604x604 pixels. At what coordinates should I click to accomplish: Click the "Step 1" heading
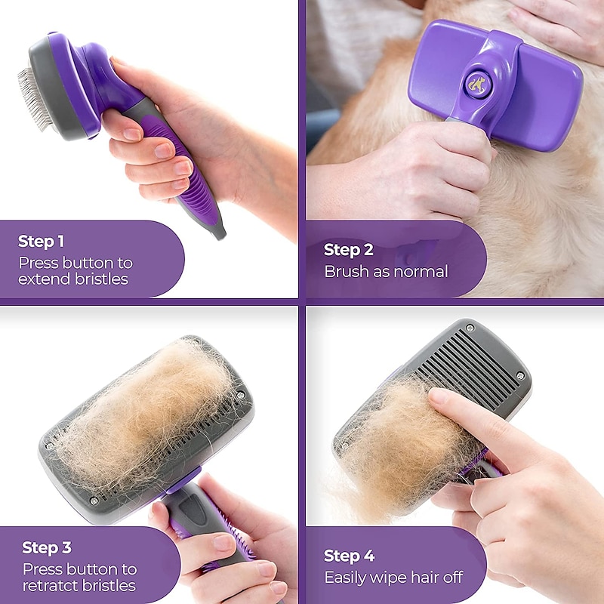pyautogui.click(x=42, y=242)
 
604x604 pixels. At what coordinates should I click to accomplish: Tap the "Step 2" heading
pyautogui.click(x=348, y=249)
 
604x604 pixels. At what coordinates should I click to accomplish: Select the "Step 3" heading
pyautogui.click(x=47, y=547)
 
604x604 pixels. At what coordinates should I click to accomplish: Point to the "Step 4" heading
pyautogui.click(x=349, y=556)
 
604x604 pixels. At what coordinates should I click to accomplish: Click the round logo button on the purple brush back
pyautogui.click(x=476, y=83)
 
